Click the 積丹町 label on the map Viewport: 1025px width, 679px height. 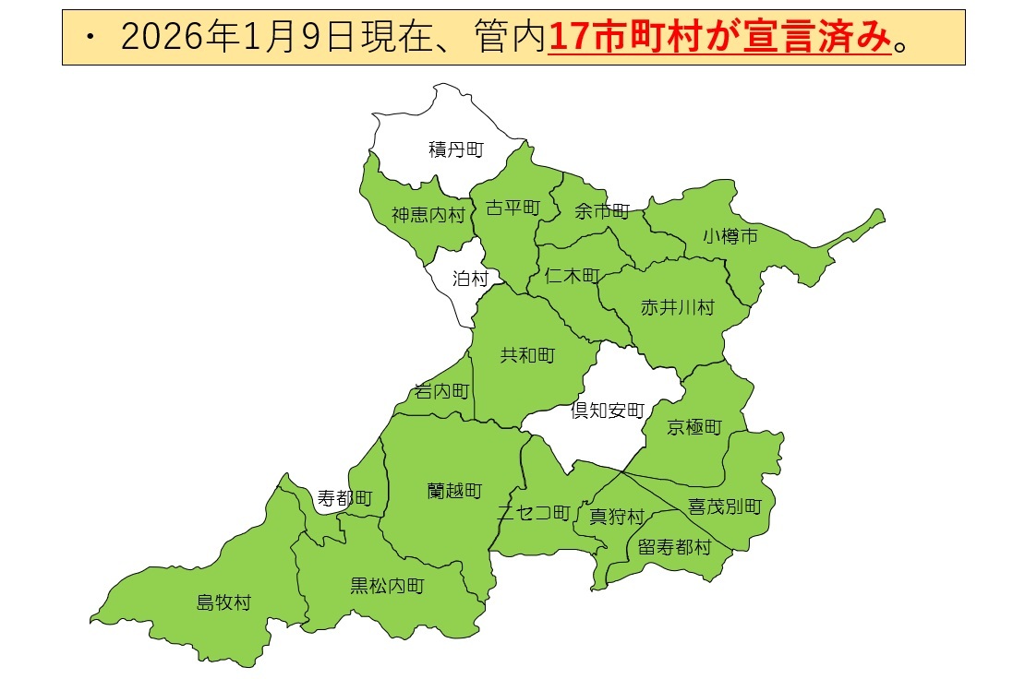point(455,149)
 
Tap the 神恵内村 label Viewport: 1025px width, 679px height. point(428,215)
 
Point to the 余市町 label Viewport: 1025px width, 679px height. point(601,211)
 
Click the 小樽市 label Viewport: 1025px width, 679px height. point(730,236)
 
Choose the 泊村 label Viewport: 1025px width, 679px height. point(469,278)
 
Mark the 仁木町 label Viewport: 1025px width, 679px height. point(573,275)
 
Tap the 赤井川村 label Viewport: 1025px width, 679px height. point(677,307)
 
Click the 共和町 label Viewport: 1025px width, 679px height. point(527,355)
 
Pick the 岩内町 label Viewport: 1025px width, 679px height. point(441,391)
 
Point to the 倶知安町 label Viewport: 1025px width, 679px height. point(607,411)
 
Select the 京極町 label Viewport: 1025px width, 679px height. point(693,427)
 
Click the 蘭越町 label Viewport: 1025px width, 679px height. point(454,490)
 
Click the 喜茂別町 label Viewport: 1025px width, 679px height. point(724,506)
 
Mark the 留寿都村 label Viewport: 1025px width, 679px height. point(674,547)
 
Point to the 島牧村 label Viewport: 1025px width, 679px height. point(223,603)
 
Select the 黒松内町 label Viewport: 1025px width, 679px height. point(387,585)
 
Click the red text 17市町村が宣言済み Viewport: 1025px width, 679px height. point(720,38)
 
